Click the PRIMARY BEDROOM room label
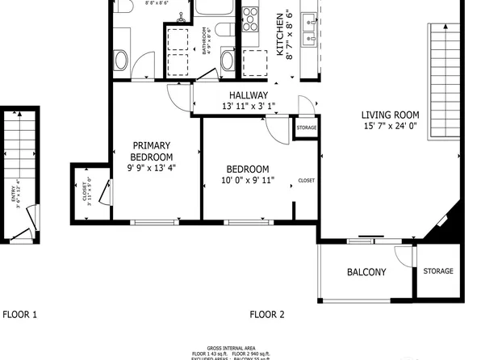tap(153, 151)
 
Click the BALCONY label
tap(366, 273)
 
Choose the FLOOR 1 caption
tap(19, 314)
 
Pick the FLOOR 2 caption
tap(267, 314)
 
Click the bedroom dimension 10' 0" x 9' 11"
tap(249, 180)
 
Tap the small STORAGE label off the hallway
tap(307, 128)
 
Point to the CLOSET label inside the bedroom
tap(307, 180)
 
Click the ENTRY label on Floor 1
tap(15, 196)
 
